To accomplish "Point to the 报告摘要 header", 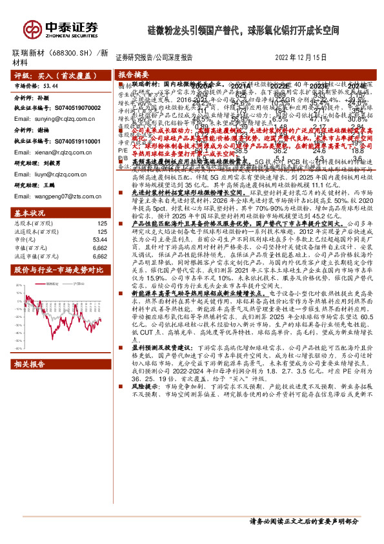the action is tap(134, 74).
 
